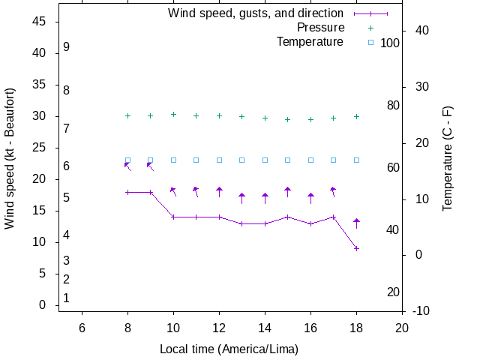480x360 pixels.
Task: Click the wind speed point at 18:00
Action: coord(356,248)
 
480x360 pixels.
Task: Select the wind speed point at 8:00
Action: coord(127,192)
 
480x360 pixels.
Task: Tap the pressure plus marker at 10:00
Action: coord(173,114)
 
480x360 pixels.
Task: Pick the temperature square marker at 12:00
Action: coord(219,160)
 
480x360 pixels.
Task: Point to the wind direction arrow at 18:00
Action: coord(356,223)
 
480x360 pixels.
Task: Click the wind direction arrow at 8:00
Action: coord(127,166)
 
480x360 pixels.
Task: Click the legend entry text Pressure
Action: coord(320,28)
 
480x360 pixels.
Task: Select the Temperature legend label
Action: coord(310,42)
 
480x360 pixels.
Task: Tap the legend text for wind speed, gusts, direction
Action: coord(256,13)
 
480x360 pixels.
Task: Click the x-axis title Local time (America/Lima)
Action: coord(229,349)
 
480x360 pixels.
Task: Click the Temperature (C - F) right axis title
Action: coord(448,158)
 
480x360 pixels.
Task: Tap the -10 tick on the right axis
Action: coord(421,310)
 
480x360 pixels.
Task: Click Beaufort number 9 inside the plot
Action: coord(67,46)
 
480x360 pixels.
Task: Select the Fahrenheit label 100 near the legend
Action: coord(390,43)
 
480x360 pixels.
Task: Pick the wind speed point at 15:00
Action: coord(287,217)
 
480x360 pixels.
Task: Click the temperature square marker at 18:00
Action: coord(356,160)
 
